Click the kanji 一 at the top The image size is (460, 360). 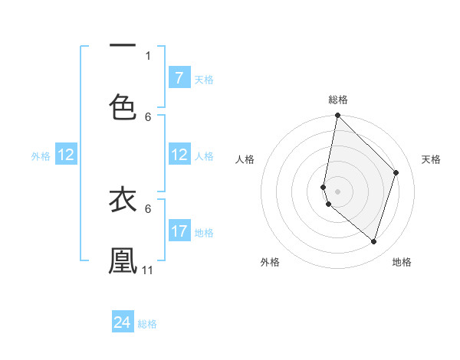point(123,44)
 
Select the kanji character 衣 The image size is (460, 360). point(123,199)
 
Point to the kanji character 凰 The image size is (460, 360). point(123,260)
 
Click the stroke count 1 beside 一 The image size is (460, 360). point(148,55)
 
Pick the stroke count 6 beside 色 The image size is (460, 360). point(148,116)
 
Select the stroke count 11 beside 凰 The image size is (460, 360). point(148,270)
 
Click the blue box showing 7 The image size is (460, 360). point(179,78)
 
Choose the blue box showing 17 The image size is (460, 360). point(179,231)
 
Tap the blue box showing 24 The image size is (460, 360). point(123,322)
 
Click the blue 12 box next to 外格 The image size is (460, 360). point(66,155)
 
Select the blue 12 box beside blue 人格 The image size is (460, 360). point(179,155)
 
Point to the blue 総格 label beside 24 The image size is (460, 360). point(147,324)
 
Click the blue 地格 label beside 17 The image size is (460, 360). point(204,232)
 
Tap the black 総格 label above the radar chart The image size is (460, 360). point(338,100)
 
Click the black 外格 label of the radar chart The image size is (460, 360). point(269,262)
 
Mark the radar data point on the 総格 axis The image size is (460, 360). point(337,116)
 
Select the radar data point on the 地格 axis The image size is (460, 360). point(373,241)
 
